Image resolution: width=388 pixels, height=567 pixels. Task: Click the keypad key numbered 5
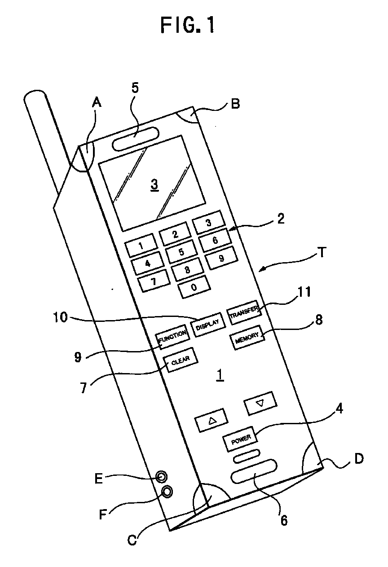coord(181,252)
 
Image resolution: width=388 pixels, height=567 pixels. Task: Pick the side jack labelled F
coord(167,492)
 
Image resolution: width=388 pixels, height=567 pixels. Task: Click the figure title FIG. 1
coord(187,26)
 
